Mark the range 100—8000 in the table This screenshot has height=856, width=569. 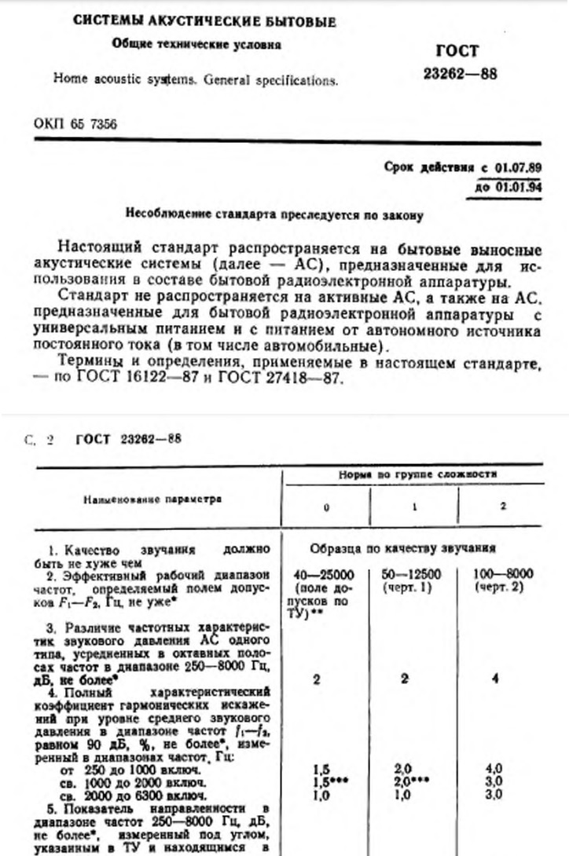point(504,574)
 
